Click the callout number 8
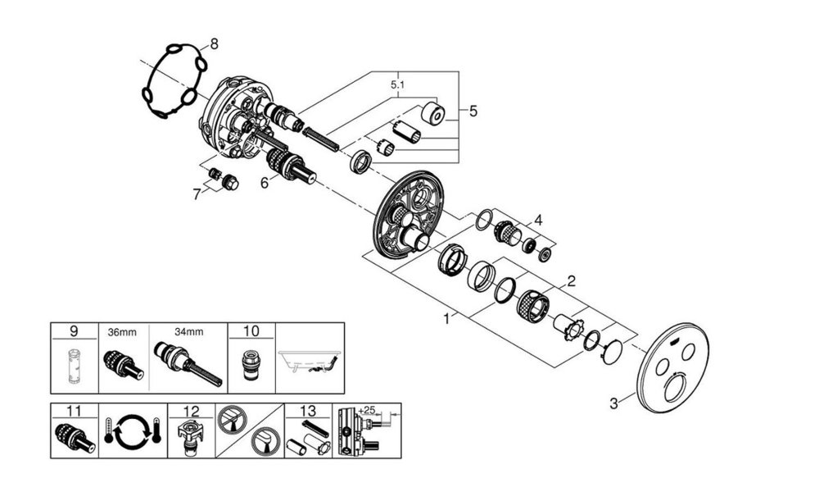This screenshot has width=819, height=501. tap(214, 44)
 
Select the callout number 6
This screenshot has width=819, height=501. tap(264, 184)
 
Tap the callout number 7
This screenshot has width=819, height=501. tap(196, 194)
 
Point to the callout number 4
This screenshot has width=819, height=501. tap(538, 220)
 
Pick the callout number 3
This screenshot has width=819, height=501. tap(613, 402)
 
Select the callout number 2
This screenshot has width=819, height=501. tap(570, 281)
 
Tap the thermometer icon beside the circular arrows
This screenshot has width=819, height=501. tap(111, 430)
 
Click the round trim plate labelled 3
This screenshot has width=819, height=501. tap(676, 370)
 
